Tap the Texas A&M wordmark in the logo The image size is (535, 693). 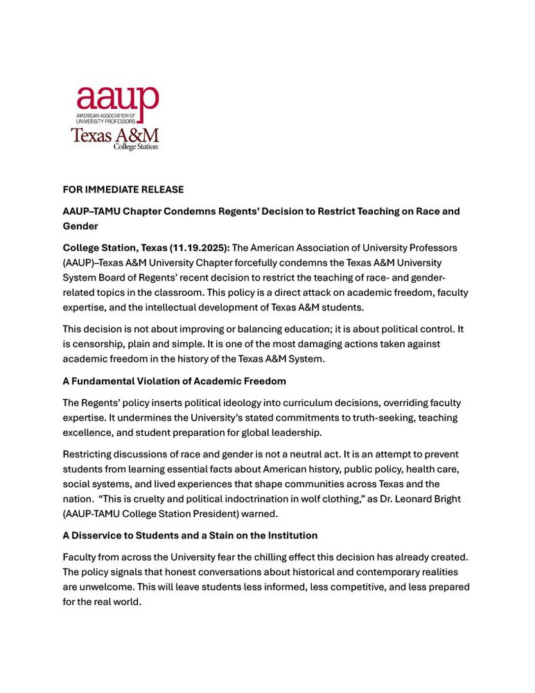coord(115,134)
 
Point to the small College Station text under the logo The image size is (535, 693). coord(136,147)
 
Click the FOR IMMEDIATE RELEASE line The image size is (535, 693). coord(123,188)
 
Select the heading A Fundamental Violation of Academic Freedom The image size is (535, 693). coord(174,381)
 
